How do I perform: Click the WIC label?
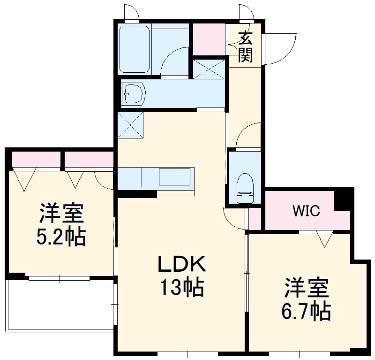click(307, 211)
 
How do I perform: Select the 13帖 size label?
click(182, 287)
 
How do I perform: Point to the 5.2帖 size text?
click(61, 237)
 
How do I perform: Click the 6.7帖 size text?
click(307, 310)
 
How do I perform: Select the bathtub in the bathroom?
click(134, 49)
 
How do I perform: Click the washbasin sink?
click(134, 94)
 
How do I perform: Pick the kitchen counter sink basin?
click(174, 177)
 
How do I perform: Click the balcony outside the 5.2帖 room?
click(60, 305)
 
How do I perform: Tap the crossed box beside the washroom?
click(209, 68)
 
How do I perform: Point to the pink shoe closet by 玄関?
click(209, 39)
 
